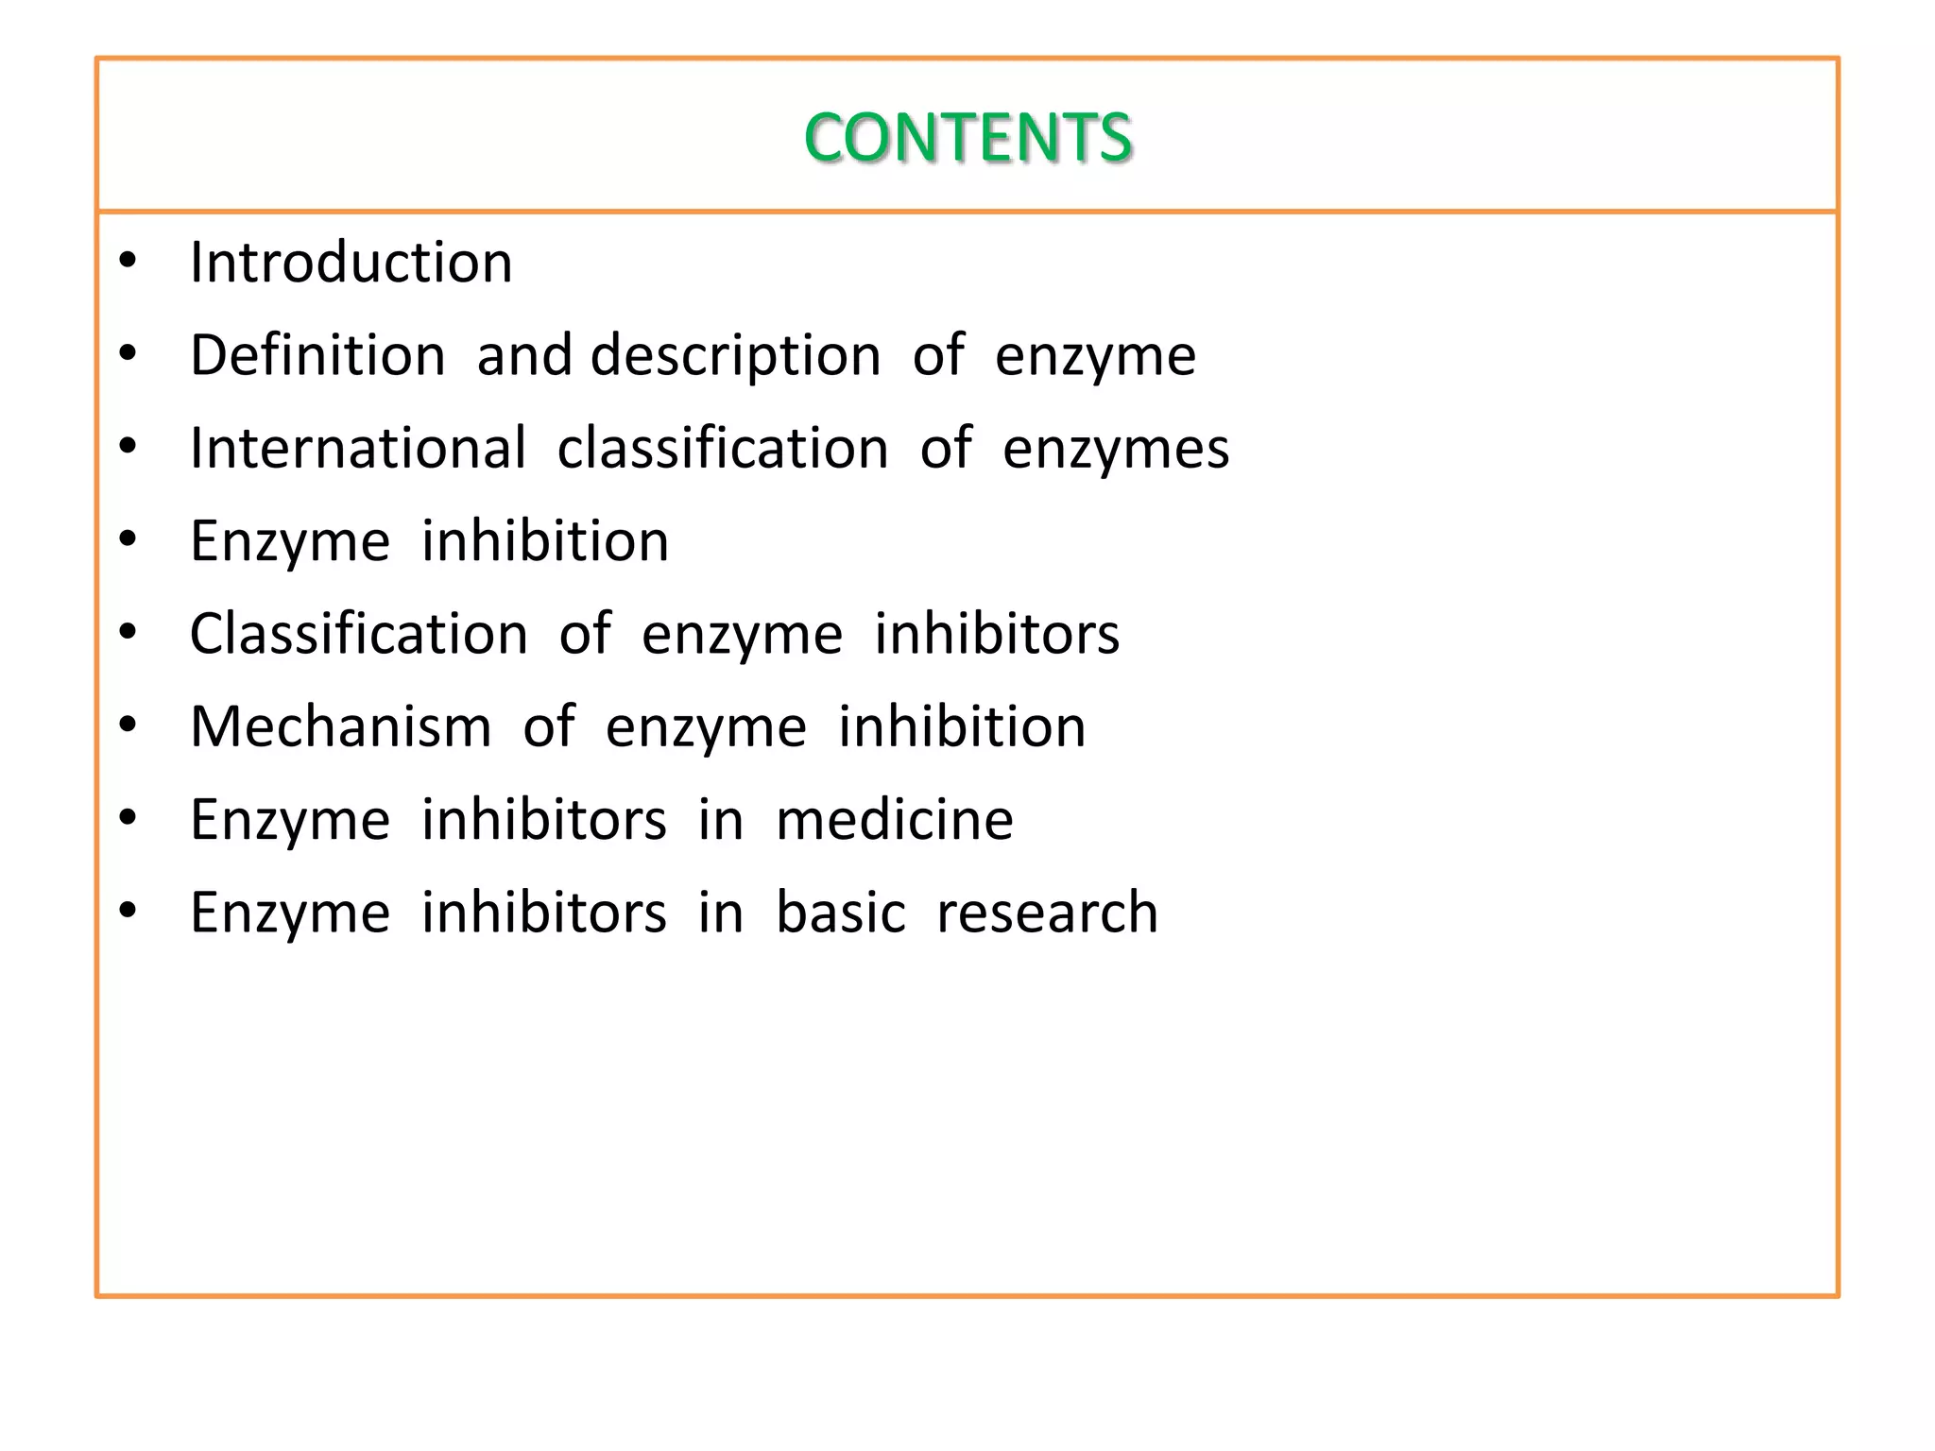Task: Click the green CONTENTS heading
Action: pos(967,138)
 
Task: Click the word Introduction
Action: pos(351,262)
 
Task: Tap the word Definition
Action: pos(317,355)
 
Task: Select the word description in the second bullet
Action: pos(736,355)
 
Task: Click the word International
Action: pos(357,448)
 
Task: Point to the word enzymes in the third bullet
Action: pos(1116,448)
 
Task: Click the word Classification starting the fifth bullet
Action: pos(358,633)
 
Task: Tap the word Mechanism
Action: pos(341,726)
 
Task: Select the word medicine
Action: pos(894,819)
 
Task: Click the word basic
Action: pos(840,913)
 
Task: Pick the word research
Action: pos(1047,913)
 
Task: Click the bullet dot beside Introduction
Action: pos(128,260)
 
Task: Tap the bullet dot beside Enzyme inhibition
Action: pos(128,538)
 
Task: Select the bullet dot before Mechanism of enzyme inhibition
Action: pos(128,725)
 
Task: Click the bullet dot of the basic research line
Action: pos(128,911)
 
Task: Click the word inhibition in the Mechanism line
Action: pos(962,726)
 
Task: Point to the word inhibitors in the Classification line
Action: pos(996,633)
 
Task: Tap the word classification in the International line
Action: pos(723,448)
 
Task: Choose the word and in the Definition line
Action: pos(524,355)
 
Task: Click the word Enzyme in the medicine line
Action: pos(290,819)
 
